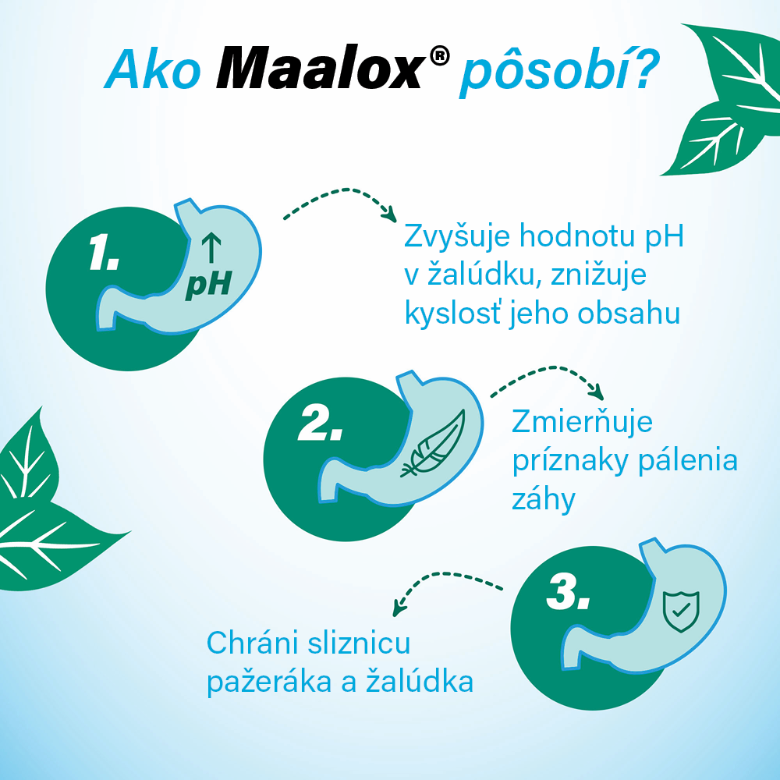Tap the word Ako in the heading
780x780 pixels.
[153, 69]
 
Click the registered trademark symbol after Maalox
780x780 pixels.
[439, 55]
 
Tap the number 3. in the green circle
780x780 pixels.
[568, 592]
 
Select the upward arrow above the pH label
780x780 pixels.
[211, 247]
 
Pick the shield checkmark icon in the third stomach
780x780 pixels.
[681, 612]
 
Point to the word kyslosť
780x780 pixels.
[453, 314]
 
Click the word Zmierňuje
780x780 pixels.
[582, 423]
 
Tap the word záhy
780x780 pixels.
[543, 499]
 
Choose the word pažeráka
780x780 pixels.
[269, 681]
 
